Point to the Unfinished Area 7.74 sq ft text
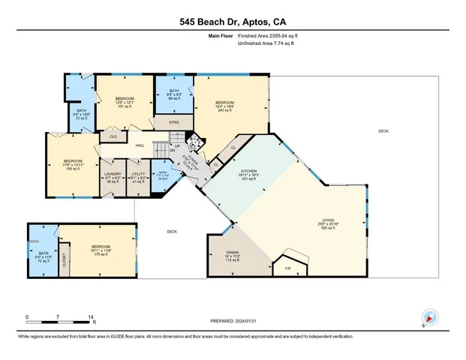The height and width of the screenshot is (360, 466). tap(266, 44)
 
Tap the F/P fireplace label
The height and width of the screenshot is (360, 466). tap(287, 268)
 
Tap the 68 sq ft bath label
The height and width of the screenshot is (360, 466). tap(173, 94)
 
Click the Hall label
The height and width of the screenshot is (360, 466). tap(140, 145)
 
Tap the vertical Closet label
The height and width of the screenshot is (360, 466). tap(65, 260)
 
